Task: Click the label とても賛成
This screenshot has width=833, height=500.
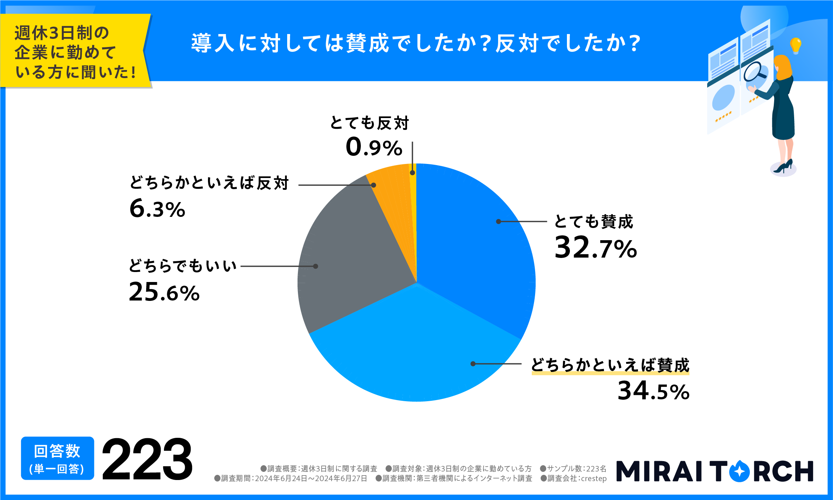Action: (x=594, y=222)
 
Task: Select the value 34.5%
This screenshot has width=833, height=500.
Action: (x=654, y=391)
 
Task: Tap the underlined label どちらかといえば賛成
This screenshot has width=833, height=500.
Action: (x=610, y=365)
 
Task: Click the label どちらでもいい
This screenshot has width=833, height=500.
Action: (x=182, y=266)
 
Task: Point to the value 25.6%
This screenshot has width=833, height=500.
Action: (x=164, y=292)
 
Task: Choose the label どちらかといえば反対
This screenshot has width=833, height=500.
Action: (x=209, y=183)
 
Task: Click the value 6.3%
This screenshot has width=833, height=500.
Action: (x=157, y=209)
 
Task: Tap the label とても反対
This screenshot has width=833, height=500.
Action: (x=369, y=123)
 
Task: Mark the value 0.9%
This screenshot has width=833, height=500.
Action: (x=374, y=147)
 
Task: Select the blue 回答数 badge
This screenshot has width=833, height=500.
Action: (x=57, y=458)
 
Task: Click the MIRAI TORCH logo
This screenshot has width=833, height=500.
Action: (x=715, y=471)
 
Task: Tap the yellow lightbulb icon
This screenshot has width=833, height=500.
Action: (x=795, y=45)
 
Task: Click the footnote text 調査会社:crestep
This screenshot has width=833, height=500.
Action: (x=574, y=479)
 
